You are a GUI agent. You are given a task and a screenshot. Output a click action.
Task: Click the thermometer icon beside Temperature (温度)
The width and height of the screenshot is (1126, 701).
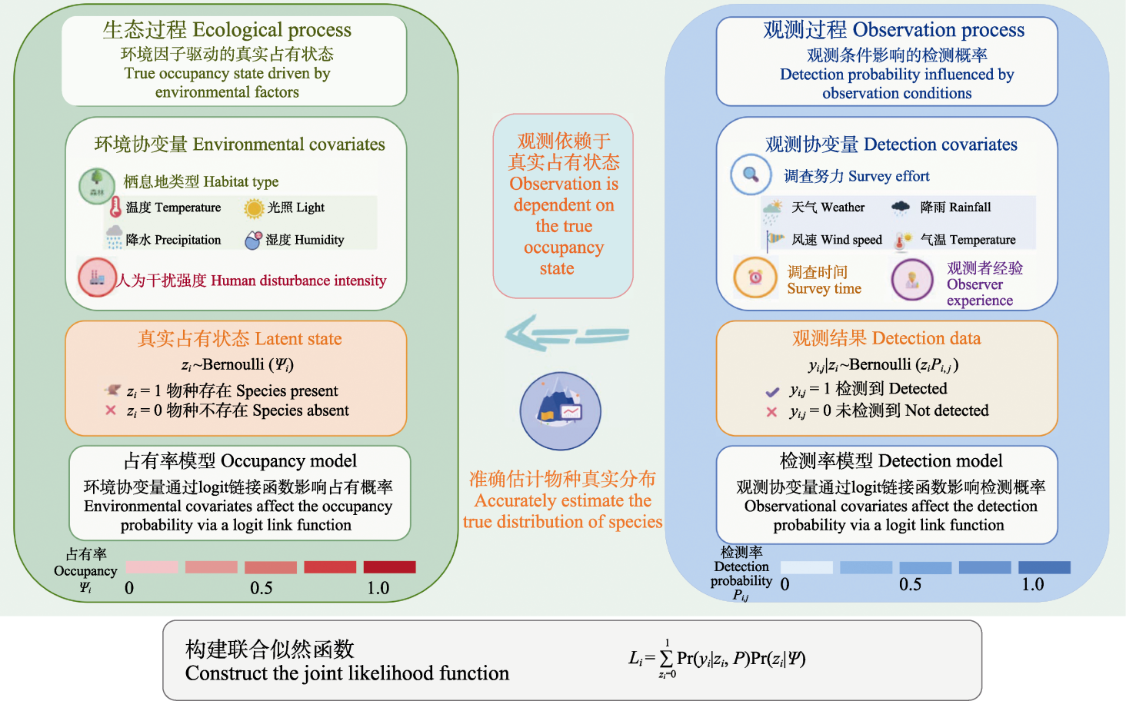(x=115, y=208)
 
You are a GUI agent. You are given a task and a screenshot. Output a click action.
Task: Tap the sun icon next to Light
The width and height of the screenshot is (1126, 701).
(x=254, y=208)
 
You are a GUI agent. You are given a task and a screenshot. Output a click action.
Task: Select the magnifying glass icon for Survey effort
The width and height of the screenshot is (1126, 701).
(x=751, y=174)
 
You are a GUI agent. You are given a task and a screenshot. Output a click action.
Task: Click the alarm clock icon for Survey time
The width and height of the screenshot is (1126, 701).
(x=755, y=277)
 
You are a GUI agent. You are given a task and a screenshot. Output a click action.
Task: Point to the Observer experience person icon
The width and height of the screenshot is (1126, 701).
(x=912, y=280)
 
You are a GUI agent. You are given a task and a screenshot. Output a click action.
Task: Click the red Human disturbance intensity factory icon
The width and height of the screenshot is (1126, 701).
(x=97, y=277)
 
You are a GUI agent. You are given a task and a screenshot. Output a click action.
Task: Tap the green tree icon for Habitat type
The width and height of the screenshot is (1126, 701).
(x=97, y=186)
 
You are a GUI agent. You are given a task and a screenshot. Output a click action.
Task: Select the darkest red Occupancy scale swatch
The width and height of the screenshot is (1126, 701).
(x=389, y=567)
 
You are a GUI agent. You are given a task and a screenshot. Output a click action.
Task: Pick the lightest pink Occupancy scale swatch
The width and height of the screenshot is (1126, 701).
(x=152, y=567)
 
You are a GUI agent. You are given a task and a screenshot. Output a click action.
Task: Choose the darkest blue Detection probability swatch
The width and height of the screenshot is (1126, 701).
(x=1044, y=567)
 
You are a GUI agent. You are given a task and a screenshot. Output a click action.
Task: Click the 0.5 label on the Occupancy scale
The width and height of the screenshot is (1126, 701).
(x=262, y=588)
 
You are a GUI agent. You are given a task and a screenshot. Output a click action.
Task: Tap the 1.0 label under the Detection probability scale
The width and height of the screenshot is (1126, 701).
(x=1032, y=584)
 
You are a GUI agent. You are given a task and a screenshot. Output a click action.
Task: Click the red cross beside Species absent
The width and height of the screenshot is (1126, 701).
(x=111, y=410)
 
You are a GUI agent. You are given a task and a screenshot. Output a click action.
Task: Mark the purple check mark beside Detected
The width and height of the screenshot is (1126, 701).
(x=772, y=392)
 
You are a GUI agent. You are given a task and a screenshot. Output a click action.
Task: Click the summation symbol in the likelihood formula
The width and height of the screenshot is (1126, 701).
(x=666, y=658)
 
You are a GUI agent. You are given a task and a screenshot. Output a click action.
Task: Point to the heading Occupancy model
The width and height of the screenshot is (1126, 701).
(x=240, y=461)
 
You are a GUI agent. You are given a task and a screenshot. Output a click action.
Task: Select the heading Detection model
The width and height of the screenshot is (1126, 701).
(x=891, y=461)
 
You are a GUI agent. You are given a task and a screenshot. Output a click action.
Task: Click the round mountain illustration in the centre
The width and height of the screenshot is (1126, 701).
(x=560, y=411)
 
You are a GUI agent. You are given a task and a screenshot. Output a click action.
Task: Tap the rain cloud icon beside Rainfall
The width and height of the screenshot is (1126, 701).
(x=901, y=208)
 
